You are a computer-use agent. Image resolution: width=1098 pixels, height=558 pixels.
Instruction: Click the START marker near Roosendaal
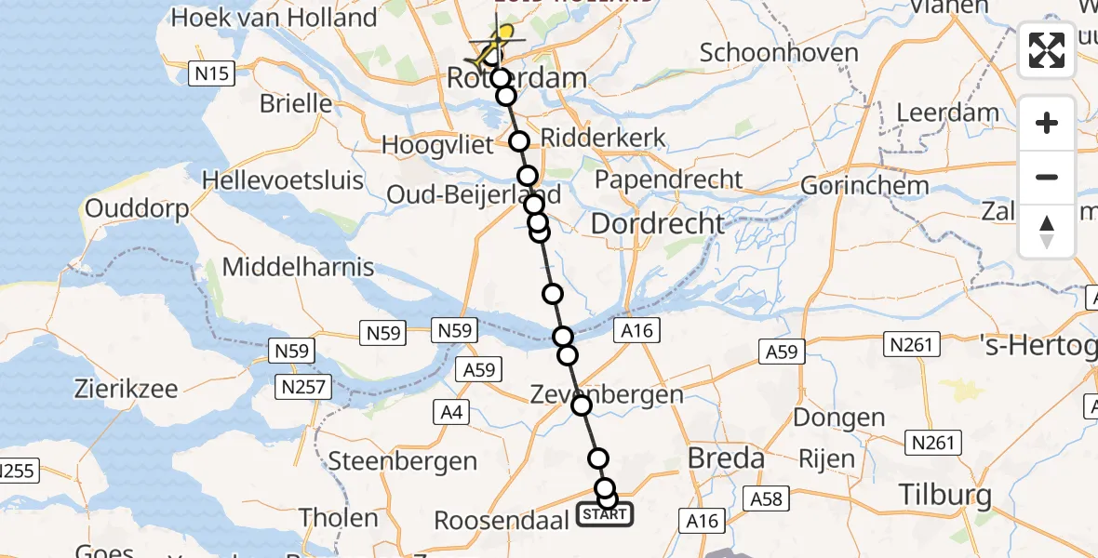point(605,513)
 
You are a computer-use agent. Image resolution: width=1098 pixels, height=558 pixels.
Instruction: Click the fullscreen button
point(1047,50)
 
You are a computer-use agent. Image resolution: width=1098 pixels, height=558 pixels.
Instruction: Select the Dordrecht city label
point(657,223)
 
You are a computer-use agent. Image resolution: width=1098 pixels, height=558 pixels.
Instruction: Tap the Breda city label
point(725,458)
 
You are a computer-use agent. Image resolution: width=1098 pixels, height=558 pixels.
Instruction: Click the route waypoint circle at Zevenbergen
point(582,405)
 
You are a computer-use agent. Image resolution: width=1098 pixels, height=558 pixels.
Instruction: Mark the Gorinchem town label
point(864,185)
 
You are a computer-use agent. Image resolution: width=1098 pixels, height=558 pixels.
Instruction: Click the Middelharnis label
point(298,268)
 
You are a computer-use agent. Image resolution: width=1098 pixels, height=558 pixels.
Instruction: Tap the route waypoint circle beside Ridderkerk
point(519,141)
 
